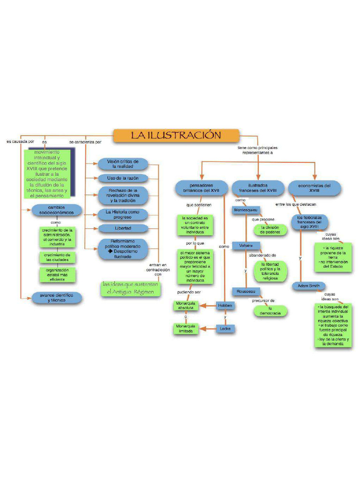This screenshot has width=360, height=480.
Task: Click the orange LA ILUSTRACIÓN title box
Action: [x=176, y=135]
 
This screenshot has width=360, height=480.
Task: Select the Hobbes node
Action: [x=225, y=306]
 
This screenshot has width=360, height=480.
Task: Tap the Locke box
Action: [x=225, y=329]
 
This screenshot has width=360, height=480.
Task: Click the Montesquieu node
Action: [x=246, y=210]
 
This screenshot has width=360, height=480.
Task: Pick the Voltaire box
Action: [x=246, y=246]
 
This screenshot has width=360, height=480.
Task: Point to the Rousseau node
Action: [x=246, y=291]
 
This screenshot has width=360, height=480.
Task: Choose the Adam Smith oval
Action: [x=308, y=285]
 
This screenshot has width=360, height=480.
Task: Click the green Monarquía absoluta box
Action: [x=186, y=306]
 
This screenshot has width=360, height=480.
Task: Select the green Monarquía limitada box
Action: [x=186, y=328]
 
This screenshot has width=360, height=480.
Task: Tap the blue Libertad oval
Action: [x=123, y=228]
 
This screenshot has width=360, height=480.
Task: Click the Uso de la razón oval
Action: [x=123, y=178]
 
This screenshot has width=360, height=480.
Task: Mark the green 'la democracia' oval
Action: [x=270, y=310]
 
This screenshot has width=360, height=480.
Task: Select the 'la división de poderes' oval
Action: [x=270, y=230]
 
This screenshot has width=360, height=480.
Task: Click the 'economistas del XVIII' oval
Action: [x=314, y=188]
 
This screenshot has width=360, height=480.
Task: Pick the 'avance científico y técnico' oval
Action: [x=56, y=298]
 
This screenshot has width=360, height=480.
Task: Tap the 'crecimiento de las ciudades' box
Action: [x=57, y=257]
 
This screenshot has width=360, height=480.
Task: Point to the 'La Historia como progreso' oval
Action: [x=123, y=215]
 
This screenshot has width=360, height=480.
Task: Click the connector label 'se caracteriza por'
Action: [x=85, y=142]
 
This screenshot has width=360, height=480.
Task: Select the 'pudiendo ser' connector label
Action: [x=188, y=292]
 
